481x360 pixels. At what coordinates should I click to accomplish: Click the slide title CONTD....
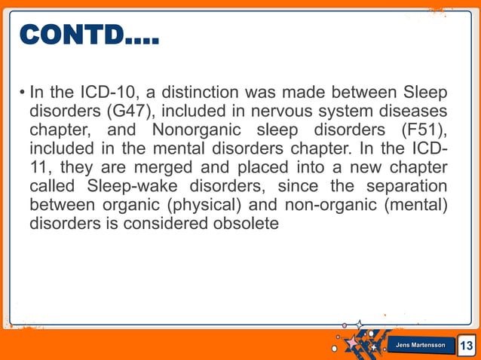[88, 35]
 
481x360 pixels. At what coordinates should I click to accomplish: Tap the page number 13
[467, 346]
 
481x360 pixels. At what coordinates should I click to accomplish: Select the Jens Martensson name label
[421, 345]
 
